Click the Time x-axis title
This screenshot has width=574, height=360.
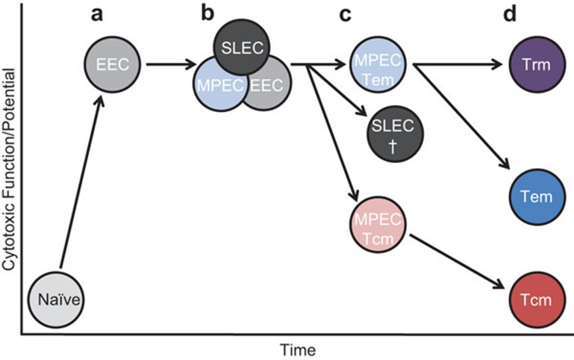coord(298,348)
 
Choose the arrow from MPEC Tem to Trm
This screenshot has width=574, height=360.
coord(460,65)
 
